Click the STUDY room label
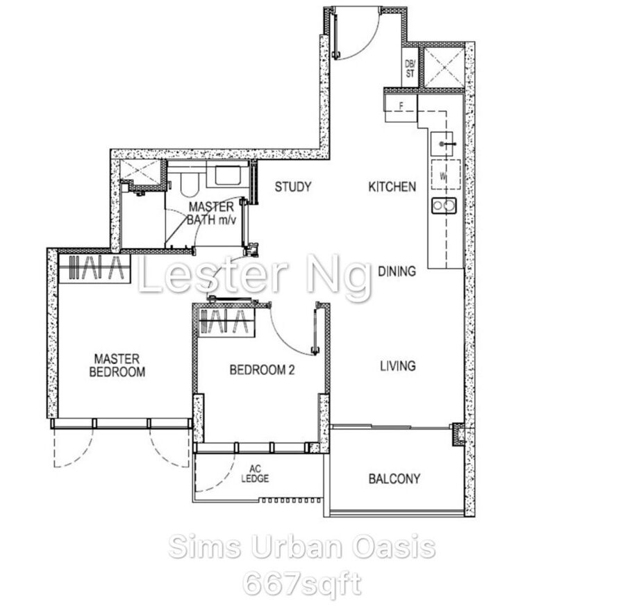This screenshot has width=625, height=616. (x=293, y=187)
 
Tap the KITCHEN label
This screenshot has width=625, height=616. (x=392, y=187)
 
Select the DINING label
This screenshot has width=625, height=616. (x=397, y=272)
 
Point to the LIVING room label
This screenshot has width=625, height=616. (x=398, y=366)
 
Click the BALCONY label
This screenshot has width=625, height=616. (x=394, y=478)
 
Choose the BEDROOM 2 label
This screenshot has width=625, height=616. (x=262, y=370)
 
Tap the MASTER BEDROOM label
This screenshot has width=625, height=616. (x=117, y=365)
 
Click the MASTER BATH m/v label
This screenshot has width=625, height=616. (x=212, y=213)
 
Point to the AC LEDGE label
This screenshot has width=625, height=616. (x=255, y=474)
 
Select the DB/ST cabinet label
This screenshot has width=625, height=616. (x=410, y=69)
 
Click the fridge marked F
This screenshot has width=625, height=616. (x=401, y=106)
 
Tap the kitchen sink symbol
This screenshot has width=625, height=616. (x=442, y=144)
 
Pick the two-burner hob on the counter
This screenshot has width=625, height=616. (x=444, y=206)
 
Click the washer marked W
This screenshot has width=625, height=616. (x=446, y=174)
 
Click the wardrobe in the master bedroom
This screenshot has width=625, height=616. (x=94, y=268)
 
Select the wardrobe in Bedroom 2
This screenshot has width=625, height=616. (x=226, y=322)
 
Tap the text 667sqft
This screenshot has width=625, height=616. (x=302, y=585)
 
